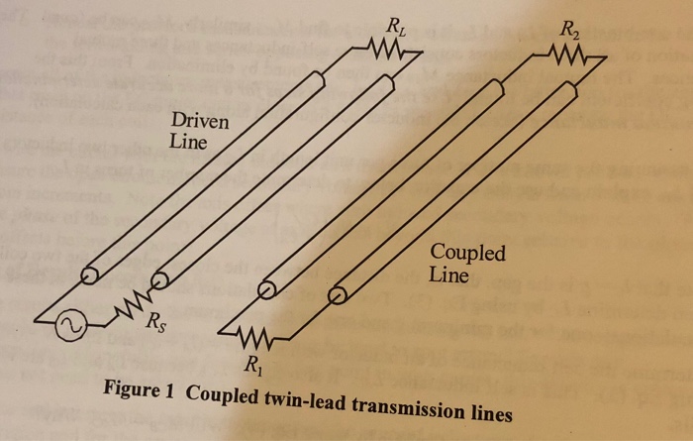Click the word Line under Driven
click(x=187, y=143)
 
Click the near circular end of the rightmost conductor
click(x=338, y=293)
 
